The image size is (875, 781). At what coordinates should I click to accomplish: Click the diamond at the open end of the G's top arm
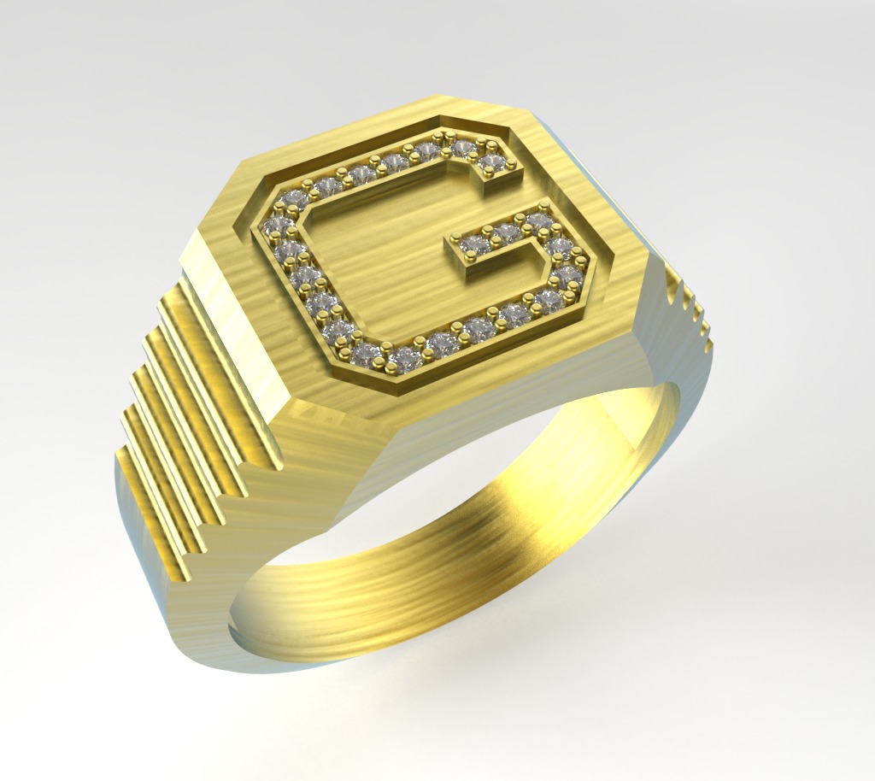[x=492, y=162]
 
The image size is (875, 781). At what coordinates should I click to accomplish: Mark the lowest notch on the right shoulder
[x=708, y=342]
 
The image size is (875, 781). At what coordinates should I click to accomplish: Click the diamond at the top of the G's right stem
[x=540, y=221]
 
